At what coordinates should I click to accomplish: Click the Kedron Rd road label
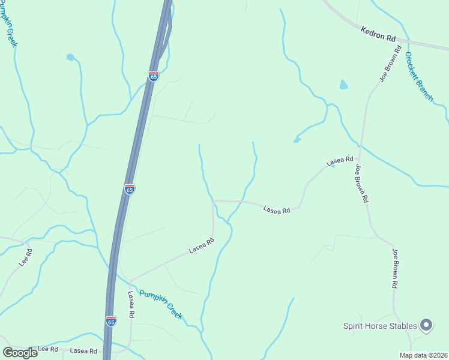pos(379,34)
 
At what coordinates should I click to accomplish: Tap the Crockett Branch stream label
pos(418,76)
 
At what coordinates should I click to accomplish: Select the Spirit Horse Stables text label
pos(380,326)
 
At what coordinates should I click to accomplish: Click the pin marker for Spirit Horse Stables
pos(426,325)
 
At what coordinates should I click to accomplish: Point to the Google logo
pos(20,353)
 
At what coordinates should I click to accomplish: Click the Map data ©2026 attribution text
pos(423,355)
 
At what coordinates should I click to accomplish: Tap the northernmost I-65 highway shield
pos(154,76)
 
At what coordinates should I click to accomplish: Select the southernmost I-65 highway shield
pos(110,321)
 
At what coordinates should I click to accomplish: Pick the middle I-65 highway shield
pos(130,188)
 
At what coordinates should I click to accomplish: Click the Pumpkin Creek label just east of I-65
pos(160,304)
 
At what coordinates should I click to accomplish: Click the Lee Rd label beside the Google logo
pos(47,349)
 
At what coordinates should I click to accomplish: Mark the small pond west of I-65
pos(70,58)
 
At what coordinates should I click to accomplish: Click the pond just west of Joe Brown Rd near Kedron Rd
pos(343,85)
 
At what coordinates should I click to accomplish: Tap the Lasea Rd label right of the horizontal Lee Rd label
pos(83,350)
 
